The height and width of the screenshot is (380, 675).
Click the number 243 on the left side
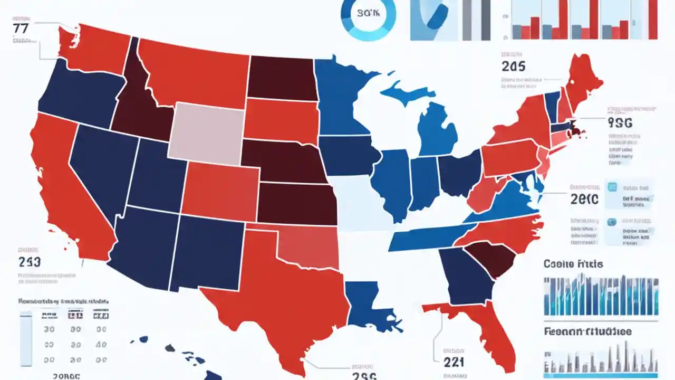[30, 262]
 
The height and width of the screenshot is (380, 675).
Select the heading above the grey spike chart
[587, 332]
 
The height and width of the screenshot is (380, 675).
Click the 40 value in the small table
[101, 344]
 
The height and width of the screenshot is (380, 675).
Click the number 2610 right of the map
[584, 198]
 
